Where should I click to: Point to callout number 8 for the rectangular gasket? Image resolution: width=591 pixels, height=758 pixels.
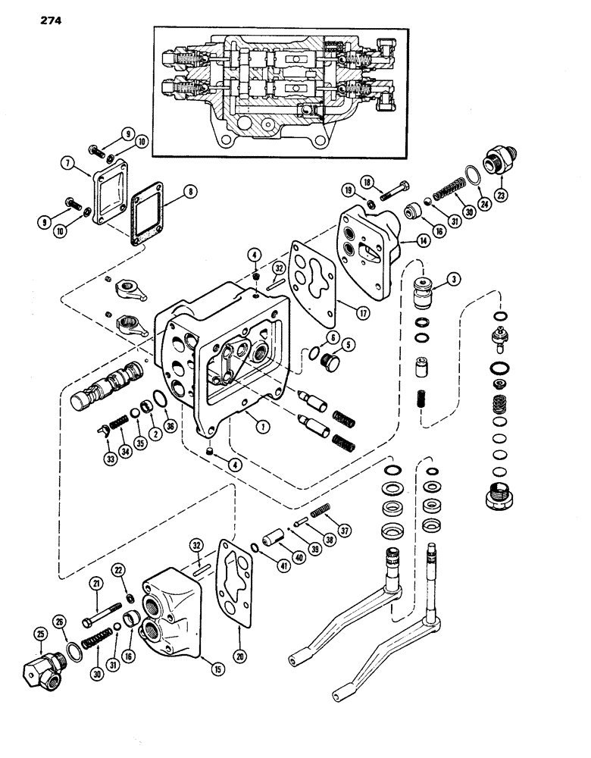(x=192, y=192)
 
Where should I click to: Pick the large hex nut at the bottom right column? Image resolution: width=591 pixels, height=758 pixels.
(x=503, y=497)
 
